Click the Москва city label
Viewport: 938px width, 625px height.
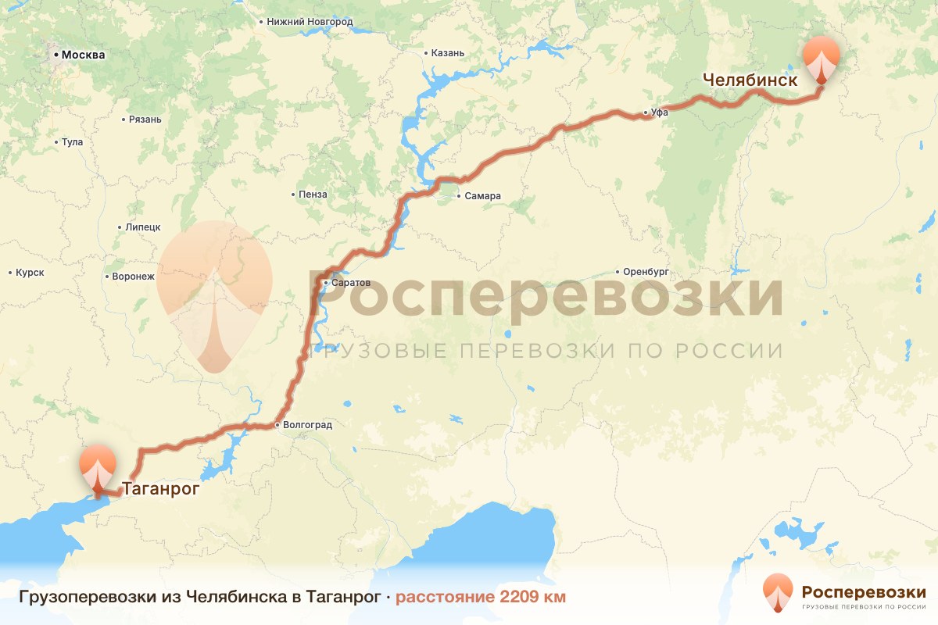point(82,55)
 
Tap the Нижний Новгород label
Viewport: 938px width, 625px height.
point(310,23)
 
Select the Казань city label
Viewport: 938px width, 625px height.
point(448,53)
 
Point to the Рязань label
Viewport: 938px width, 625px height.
point(146,120)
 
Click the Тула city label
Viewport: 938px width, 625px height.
point(72,143)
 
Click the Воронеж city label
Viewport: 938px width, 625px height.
point(134,277)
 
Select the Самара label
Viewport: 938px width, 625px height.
point(482,196)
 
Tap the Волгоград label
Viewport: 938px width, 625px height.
point(308,426)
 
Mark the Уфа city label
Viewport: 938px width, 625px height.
point(661,113)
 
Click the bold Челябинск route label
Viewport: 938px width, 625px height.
point(750,80)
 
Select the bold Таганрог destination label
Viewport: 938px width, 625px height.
point(160,490)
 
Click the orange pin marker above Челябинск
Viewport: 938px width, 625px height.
point(821,59)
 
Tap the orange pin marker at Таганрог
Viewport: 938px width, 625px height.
point(97,467)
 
